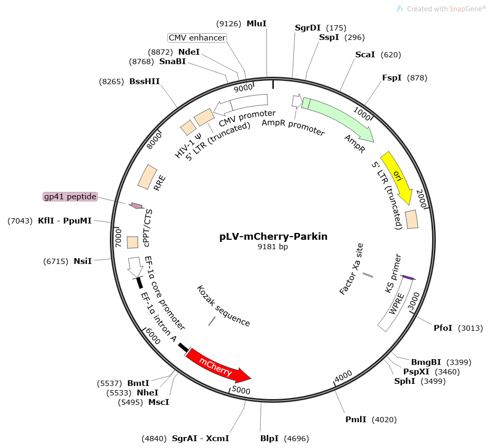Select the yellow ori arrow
tap(397, 177)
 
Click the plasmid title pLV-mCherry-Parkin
tap(273, 236)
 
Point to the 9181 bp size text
tap(273, 247)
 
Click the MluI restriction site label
tap(257, 24)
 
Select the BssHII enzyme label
tap(145, 82)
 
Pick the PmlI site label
tap(356, 420)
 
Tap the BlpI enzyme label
tap(269, 439)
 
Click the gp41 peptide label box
tap(70, 197)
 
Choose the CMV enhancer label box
tap(197, 38)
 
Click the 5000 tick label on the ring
tap(241, 390)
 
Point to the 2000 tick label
tap(422, 198)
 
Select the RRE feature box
tap(147, 177)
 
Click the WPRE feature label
tap(396, 304)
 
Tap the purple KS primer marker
tap(408, 278)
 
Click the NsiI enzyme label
tap(83, 261)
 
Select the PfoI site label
tap(443, 328)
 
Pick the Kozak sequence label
tap(223, 306)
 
